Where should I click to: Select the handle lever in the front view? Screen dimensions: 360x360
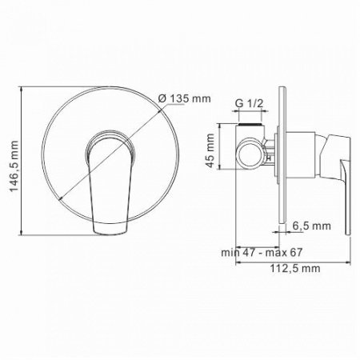(x=107, y=180)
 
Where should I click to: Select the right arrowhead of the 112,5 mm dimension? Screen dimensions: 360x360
(x=352, y=264)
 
